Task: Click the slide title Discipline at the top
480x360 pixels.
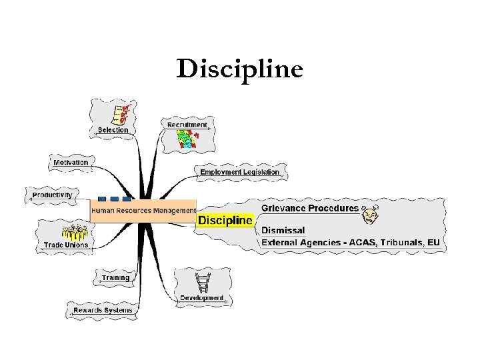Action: pos(239,69)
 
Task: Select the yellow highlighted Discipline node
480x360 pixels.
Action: pos(225,220)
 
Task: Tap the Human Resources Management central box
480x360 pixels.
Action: pos(143,211)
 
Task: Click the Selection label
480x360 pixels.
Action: pos(113,130)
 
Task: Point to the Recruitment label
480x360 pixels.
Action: pos(187,125)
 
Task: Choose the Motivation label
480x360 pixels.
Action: pos(71,162)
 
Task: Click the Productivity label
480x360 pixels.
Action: pos(52,195)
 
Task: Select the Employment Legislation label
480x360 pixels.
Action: pos(240,172)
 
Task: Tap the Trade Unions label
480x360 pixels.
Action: pos(66,245)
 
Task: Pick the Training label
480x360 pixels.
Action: pos(116,277)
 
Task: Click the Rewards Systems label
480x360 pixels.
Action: pos(103,310)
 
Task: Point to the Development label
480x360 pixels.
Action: pos(202,298)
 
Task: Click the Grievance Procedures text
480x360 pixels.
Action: pos(310,208)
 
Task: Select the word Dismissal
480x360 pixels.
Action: pos(283,230)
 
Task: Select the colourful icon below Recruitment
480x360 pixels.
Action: pos(187,139)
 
